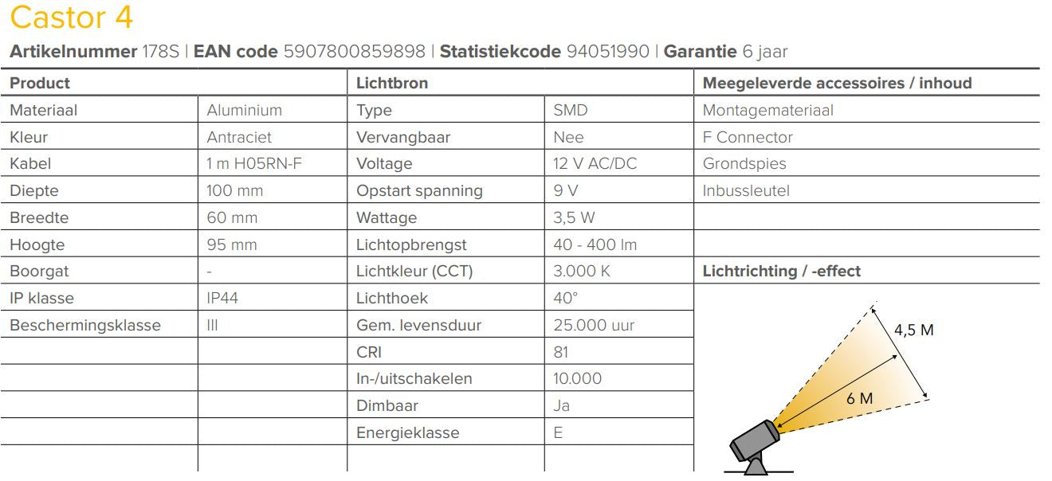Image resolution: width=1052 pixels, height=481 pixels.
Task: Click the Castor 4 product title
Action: point(72,18)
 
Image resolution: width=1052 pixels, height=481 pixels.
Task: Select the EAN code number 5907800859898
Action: point(354,53)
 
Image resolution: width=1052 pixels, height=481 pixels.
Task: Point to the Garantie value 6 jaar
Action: point(764,53)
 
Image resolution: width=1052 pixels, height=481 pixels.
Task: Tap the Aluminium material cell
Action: point(244,111)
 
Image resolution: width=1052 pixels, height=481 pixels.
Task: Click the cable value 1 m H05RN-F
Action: point(254,164)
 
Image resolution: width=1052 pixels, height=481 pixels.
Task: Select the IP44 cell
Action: point(222,299)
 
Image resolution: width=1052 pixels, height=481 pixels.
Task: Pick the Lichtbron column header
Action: point(391,83)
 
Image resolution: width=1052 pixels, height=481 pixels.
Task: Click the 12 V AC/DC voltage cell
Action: point(595,164)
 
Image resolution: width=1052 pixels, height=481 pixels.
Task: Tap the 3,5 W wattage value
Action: point(574,218)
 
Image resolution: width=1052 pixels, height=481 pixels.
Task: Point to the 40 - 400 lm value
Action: point(595,245)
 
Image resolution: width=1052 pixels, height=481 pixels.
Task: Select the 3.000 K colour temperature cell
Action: point(581,272)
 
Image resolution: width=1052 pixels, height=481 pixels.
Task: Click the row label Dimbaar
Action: point(387,406)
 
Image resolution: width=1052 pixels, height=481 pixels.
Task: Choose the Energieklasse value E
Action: point(558,433)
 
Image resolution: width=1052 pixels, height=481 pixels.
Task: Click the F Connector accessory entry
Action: point(748,138)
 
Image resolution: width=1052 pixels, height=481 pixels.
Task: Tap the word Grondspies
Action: point(744,164)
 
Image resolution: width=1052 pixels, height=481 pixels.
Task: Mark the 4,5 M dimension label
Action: point(914,330)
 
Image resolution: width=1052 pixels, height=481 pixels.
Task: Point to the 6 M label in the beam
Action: point(859,398)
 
